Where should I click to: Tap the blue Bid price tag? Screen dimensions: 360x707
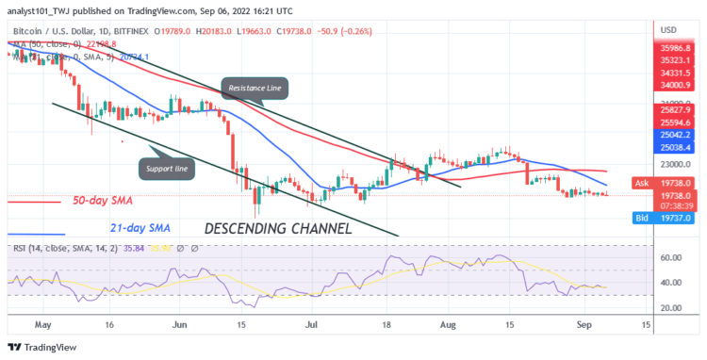[x=664, y=218]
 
